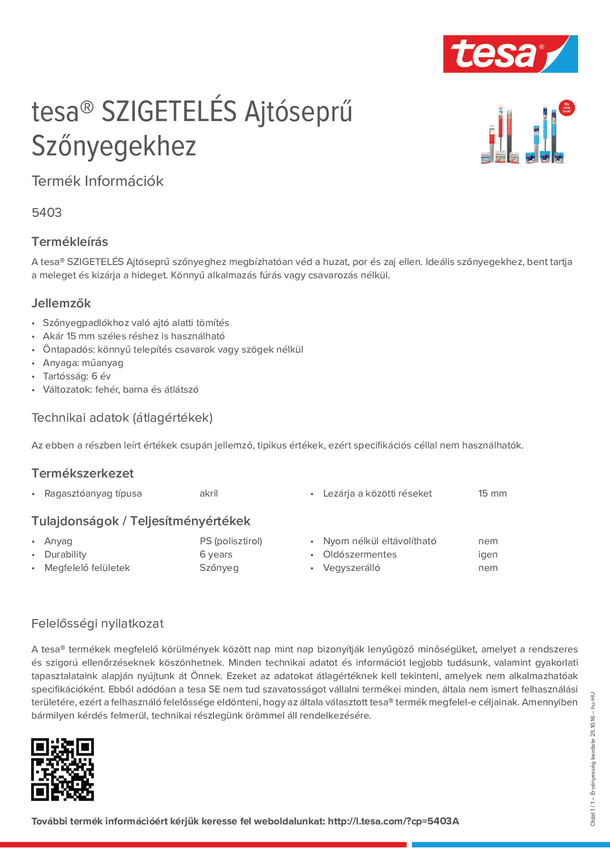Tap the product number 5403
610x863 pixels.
point(47,213)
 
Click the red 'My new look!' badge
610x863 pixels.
point(566,108)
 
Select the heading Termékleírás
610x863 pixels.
point(70,242)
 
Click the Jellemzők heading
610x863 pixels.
point(61,303)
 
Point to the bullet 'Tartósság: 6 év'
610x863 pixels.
point(77,376)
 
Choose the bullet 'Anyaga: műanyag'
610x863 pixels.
point(83,363)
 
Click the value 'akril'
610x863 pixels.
point(209,493)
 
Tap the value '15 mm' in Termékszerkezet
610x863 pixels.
point(492,493)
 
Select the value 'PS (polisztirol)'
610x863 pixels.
point(230,541)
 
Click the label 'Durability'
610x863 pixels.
point(65,554)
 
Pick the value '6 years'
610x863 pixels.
point(216,554)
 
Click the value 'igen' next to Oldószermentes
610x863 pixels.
point(488,554)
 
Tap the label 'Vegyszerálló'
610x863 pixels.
point(351,568)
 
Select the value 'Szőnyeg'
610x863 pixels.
point(219,568)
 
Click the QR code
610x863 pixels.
point(62,769)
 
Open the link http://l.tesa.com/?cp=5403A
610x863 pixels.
point(393,821)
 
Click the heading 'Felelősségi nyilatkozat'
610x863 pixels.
point(97,624)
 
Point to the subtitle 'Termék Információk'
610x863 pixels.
point(97,181)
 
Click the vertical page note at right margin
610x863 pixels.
point(593,759)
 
